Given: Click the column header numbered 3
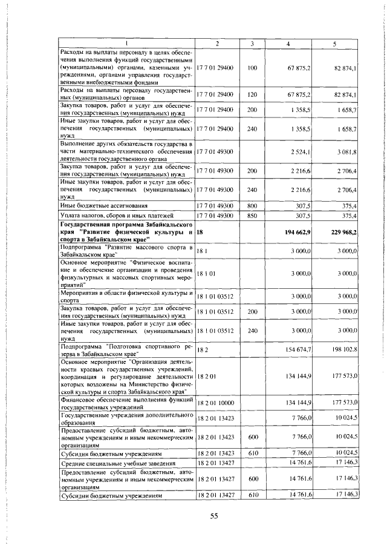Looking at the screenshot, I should (x=252, y=44).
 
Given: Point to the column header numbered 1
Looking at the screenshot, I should (x=126, y=44).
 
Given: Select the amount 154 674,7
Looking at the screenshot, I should (x=299, y=349).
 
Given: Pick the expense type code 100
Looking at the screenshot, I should (x=252, y=68).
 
